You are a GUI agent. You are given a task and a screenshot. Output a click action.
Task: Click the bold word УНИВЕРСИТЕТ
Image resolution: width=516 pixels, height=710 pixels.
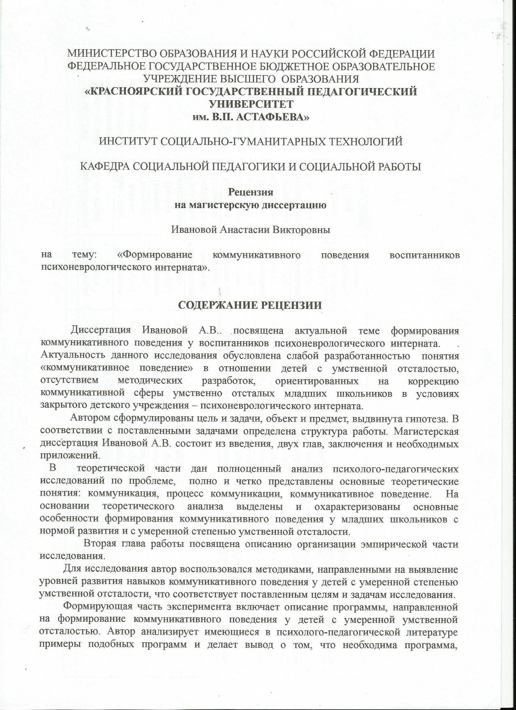point(251,104)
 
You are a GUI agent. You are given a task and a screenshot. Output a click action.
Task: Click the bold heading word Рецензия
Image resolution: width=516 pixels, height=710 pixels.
point(251,192)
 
